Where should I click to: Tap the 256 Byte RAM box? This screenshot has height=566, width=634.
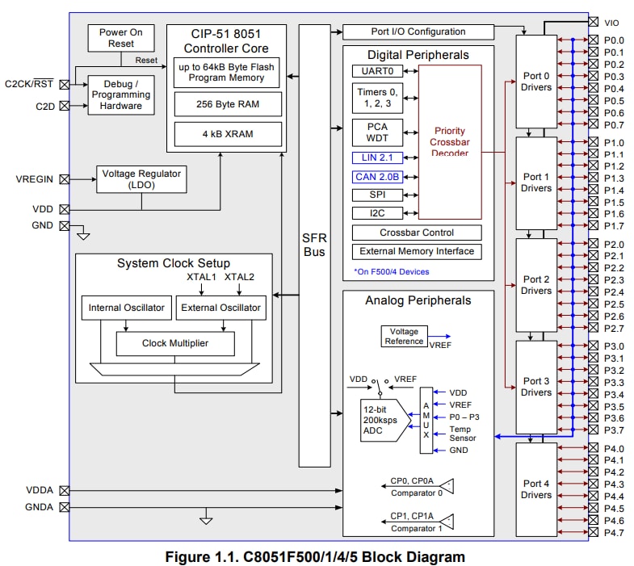tap(227, 103)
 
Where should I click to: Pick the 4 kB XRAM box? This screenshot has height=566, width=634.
tap(227, 132)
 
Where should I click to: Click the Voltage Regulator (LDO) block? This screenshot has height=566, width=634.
tap(141, 178)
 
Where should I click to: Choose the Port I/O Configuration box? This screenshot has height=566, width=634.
tap(418, 32)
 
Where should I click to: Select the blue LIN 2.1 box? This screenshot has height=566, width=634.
tap(375, 157)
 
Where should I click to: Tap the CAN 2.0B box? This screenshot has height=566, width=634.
tap(375, 177)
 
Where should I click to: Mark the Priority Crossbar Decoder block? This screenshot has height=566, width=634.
tap(450, 142)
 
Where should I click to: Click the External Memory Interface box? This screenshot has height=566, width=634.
tap(418, 251)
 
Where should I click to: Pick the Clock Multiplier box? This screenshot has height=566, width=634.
tap(175, 343)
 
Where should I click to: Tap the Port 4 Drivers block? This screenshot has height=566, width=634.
tap(536, 489)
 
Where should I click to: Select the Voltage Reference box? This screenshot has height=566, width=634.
tap(404, 337)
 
